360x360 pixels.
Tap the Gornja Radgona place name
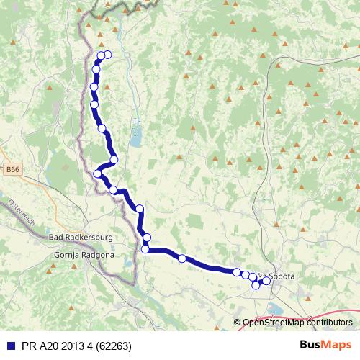(x=79, y=255)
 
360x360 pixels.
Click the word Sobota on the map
(x=281, y=276)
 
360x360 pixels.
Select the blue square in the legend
(x=8, y=345)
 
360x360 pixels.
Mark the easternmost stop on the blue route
(x=266, y=281)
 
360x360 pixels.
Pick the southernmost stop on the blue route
(x=256, y=286)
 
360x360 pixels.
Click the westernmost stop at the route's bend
(x=98, y=173)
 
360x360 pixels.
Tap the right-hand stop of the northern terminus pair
(x=108, y=55)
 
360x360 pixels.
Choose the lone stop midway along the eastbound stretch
(x=182, y=258)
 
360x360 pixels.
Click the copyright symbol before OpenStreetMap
(x=238, y=323)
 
